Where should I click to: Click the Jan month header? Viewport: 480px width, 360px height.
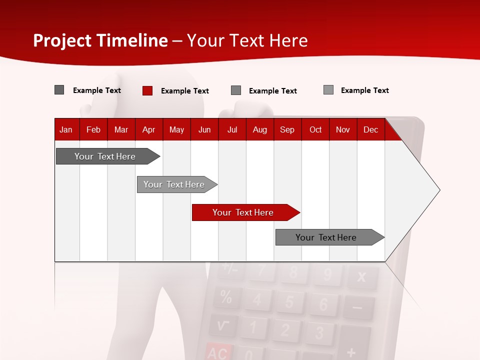coord(66,129)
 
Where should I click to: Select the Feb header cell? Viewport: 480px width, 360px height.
coord(93,129)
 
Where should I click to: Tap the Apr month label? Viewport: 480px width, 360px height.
coord(149,129)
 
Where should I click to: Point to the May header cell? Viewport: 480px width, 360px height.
coord(176,129)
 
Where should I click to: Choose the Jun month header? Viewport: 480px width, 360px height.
coord(204,129)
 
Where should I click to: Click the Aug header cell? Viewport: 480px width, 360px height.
coord(260,129)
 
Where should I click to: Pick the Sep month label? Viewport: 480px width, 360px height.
coord(287,129)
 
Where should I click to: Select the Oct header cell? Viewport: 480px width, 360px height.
coord(315,129)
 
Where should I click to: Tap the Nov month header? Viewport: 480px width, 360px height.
coord(343,129)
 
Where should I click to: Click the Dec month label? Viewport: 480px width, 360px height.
coord(371,129)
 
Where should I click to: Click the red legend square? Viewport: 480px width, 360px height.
coord(147,90)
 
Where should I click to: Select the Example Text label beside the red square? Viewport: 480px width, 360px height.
coord(185,91)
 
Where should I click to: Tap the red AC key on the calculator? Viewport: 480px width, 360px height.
coord(217,353)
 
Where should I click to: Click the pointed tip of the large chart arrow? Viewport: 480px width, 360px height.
coord(439,190)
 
